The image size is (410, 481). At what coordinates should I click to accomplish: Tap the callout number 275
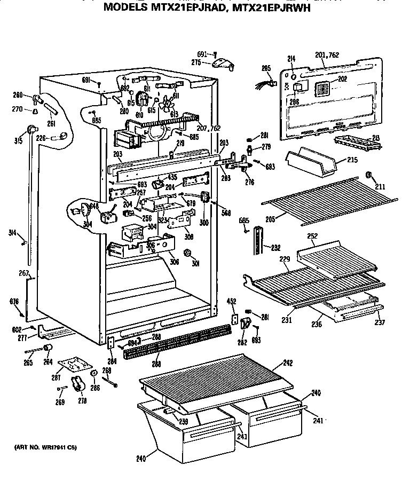tap(196, 62)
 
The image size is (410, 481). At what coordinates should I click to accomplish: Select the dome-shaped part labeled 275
tap(223, 65)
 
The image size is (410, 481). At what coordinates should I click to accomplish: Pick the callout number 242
tap(288, 364)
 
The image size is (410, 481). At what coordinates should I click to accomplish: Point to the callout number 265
tap(28, 363)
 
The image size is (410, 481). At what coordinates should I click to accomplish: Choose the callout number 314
tap(12, 233)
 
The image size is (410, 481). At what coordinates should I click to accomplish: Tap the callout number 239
tap(183, 421)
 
